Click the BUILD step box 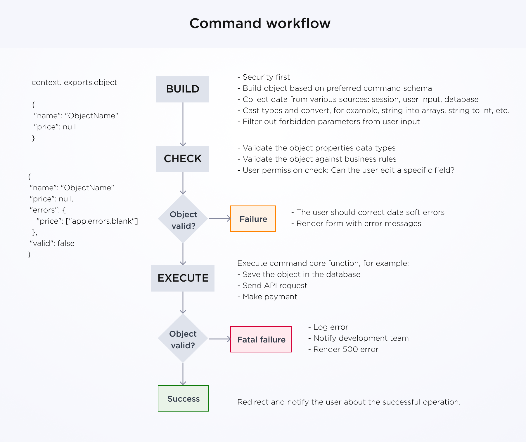[x=182, y=89]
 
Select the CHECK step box [x=182, y=159]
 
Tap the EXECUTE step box [x=183, y=278]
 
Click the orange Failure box [x=253, y=219]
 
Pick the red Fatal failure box [x=261, y=339]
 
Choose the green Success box [x=183, y=398]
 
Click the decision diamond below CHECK [x=183, y=219]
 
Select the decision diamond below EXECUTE [x=183, y=339]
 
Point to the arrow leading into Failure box [x=219, y=218]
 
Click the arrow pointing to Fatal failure [x=219, y=339]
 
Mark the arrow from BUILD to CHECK [x=183, y=124]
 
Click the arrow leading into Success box [x=183, y=374]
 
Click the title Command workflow [x=260, y=23]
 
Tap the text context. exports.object [x=74, y=83]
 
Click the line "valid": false [x=52, y=244]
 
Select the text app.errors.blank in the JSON [x=102, y=221]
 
